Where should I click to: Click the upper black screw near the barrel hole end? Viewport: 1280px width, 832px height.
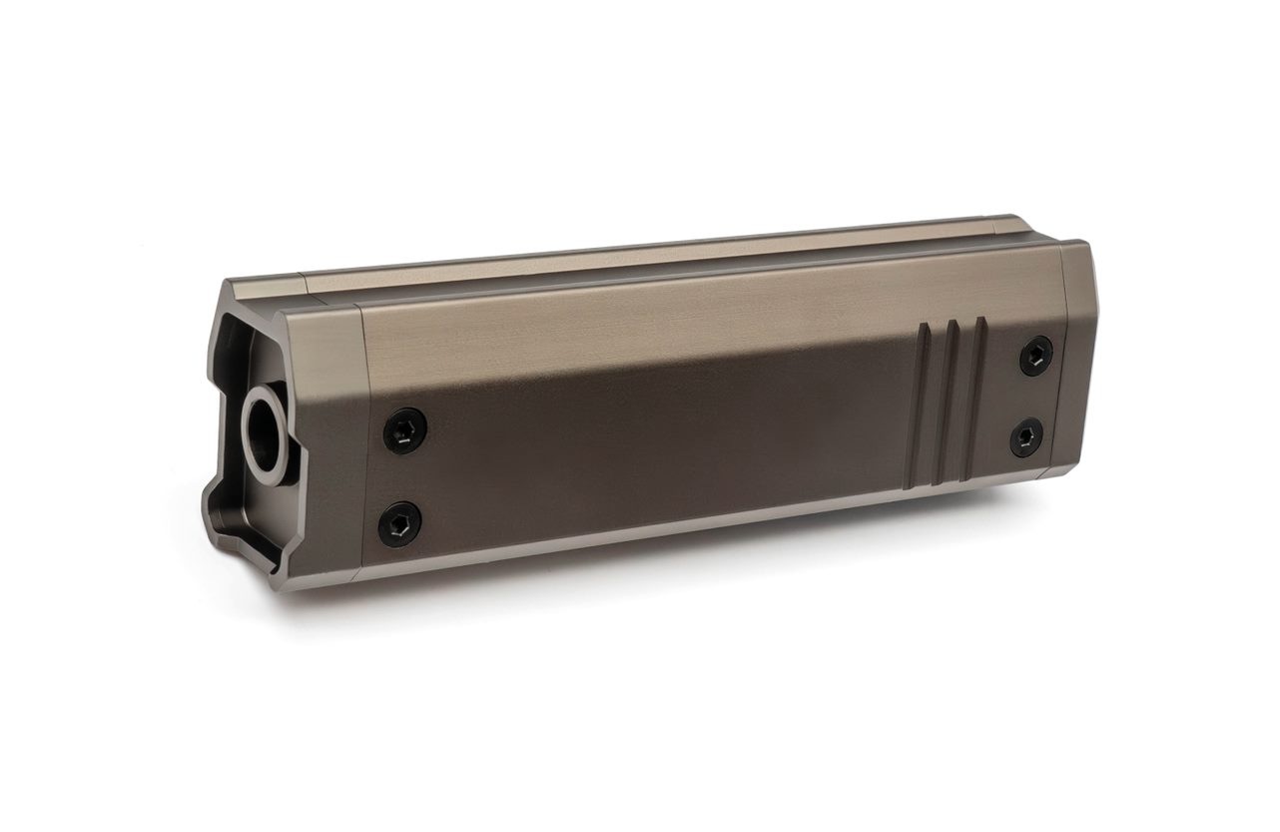(405, 430)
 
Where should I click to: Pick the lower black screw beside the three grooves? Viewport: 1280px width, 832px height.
(1025, 437)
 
